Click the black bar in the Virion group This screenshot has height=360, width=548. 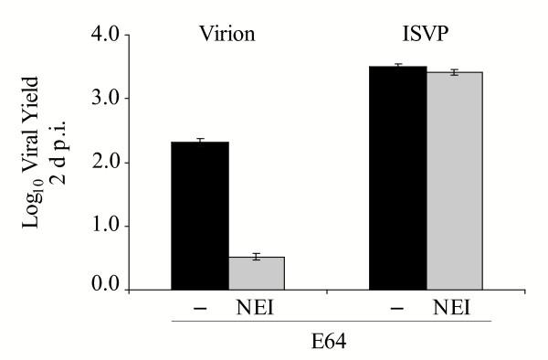(200, 216)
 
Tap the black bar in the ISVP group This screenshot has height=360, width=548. (397, 178)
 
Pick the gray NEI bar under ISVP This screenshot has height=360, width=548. (454, 181)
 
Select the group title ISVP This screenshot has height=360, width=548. (427, 36)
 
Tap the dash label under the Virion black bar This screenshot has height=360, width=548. (200, 309)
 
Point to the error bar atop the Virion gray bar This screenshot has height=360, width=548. (256, 257)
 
